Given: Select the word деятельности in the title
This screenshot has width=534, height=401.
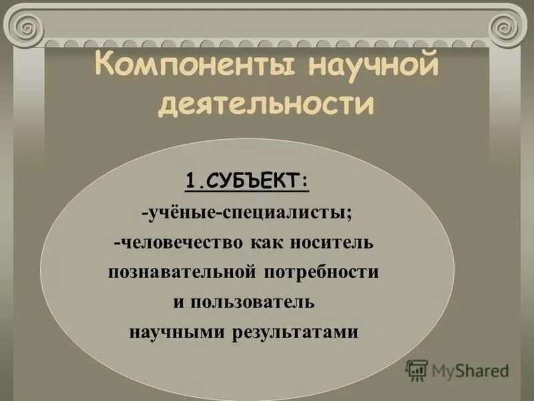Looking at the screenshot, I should tap(266, 105).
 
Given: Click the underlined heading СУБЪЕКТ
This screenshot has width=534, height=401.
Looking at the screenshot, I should tap(254, 180).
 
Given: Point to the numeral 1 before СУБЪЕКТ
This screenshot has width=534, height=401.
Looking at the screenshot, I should tap(190, 180).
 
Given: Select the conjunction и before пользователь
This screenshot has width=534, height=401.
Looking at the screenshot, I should tap(178, 301).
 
